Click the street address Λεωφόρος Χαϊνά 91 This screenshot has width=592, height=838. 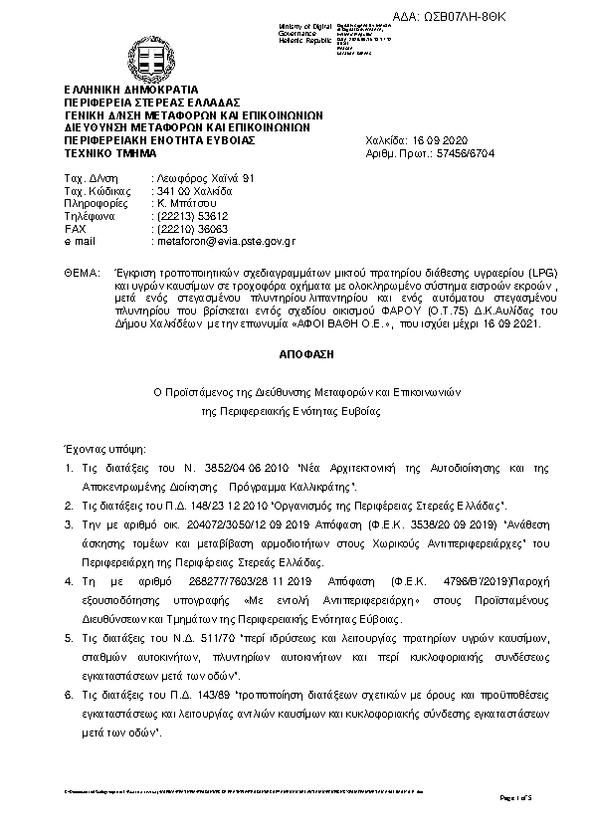tap(198, 176)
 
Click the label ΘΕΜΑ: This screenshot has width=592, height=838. tap(81, 272)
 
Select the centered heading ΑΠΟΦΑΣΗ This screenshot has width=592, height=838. tap(296, 353)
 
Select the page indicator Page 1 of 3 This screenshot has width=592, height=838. tap(515, 798)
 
